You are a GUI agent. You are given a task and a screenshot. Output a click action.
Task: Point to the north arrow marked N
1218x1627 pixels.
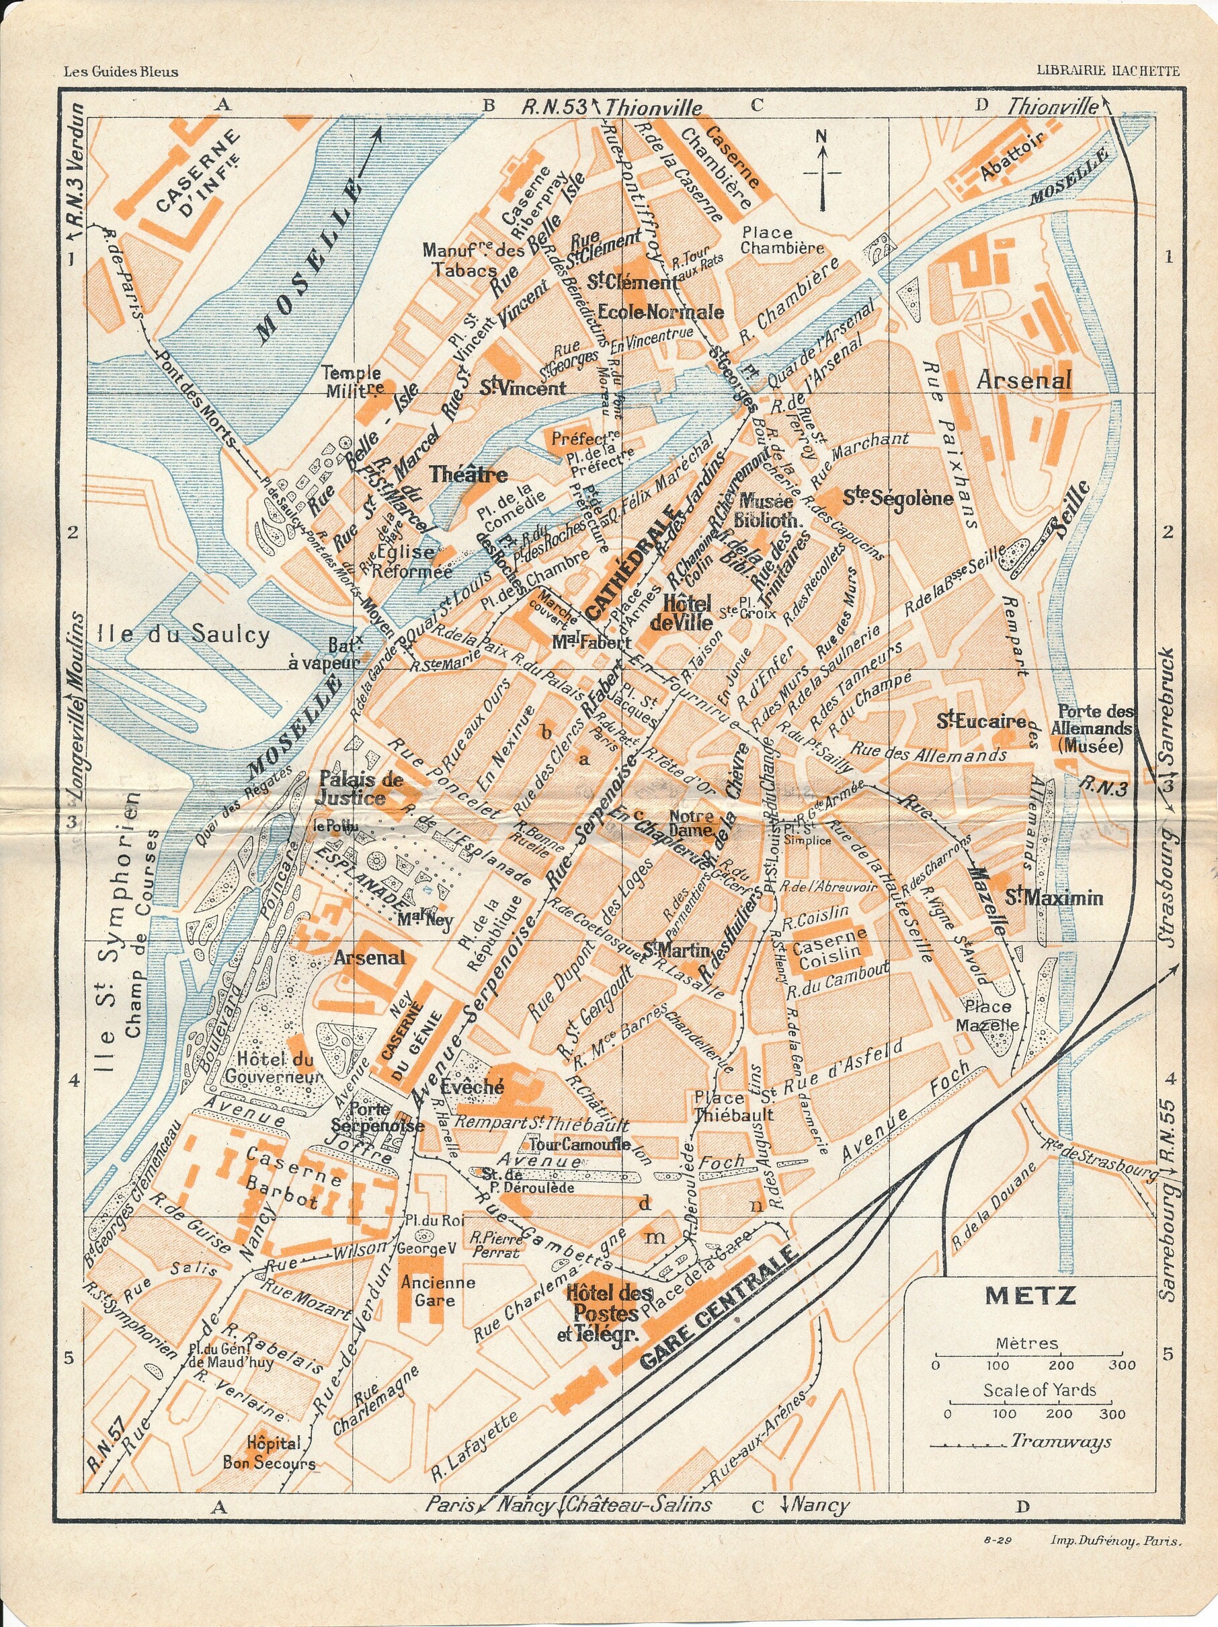[822, 169]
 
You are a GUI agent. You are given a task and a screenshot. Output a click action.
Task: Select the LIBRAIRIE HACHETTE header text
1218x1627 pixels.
[1108, 71]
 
